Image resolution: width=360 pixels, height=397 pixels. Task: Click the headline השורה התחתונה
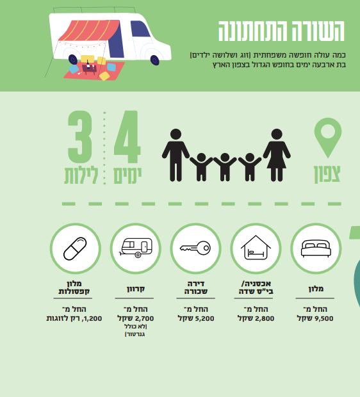coord(281,31)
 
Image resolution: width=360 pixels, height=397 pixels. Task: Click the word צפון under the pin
coord(327,174)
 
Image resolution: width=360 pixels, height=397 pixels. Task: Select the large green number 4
coord(127,137)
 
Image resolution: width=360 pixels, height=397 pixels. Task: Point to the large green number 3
coord(80,137)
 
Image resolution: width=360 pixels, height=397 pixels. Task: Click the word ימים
coord(127,175)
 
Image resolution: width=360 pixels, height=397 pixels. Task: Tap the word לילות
coord(81,175)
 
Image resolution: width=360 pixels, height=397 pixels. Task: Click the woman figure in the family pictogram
coord(277,155)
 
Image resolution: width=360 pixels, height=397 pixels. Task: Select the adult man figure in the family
coord(176,155)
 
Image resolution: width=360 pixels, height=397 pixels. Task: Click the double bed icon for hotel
coord(316,248)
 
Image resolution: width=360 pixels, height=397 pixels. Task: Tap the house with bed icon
coord(256,248)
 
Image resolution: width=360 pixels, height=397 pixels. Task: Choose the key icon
coord(195,248)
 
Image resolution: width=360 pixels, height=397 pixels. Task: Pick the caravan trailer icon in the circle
coord(136,248)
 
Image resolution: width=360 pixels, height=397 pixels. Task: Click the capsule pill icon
coord(75,248)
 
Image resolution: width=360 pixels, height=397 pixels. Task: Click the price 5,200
coord(204,318)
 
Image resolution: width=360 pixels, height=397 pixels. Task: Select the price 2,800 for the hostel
coord(265,318)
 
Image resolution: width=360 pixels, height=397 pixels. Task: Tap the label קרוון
coord(136,289)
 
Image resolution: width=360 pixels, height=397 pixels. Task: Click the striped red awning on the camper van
coord(89,30)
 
